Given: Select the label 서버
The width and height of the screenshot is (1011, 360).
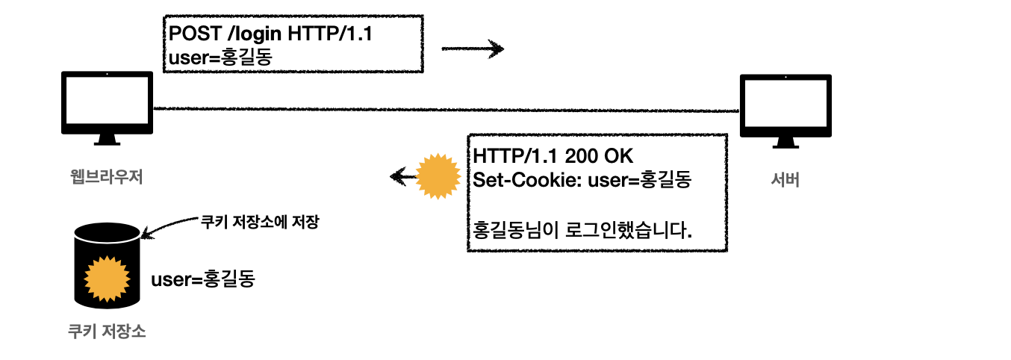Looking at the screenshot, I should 785,180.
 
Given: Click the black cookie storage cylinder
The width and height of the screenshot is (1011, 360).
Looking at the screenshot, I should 107,265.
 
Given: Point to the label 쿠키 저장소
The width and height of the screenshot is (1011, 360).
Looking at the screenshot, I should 106,332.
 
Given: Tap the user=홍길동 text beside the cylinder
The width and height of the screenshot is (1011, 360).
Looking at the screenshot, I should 203,280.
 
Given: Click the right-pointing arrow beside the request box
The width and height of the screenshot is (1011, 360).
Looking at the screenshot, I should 473,50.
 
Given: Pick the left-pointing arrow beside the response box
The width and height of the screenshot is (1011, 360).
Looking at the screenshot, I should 403,177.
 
